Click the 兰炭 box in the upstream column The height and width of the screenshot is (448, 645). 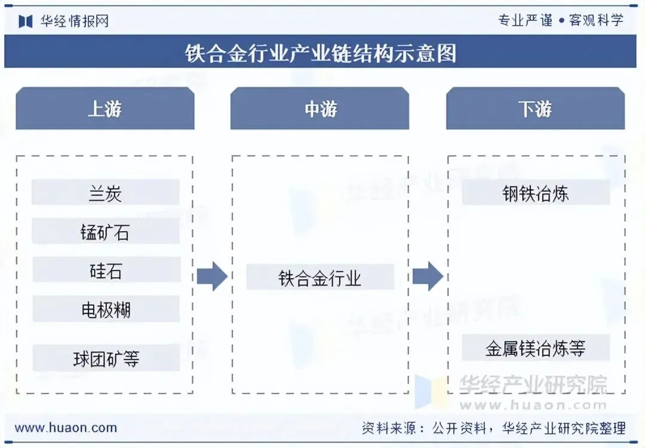pos(106,193)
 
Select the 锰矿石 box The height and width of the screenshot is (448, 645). pos(106,232)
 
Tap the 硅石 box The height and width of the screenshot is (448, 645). pos(106,271)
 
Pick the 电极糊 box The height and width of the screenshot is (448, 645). pos(106,309)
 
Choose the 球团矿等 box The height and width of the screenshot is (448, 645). pos(106,358)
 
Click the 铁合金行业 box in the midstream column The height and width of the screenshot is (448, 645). pos(320,278)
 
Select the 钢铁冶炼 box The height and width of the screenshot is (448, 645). pos(536,193)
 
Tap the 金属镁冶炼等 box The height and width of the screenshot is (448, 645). pos(536,348)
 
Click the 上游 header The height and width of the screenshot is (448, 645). pos(105,109)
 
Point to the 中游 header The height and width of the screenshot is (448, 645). pos(320,109)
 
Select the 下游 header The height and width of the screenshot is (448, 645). pos(535,109)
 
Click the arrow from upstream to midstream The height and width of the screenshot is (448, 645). pos(212,277)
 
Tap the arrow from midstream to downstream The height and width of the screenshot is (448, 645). pos(428,277)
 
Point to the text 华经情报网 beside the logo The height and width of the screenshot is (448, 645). pos(75,22)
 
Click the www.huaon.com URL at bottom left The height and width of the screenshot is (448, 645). pos(66,428)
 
